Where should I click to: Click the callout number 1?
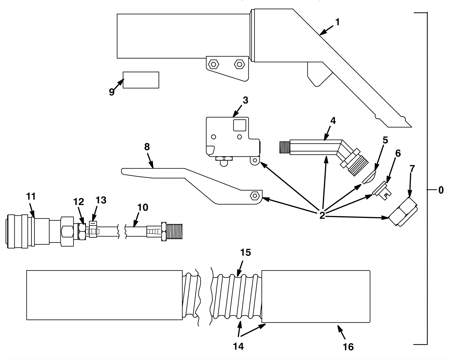[337, 22]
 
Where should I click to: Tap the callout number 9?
[112, 92]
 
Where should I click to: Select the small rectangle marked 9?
[141, 80]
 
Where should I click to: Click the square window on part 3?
[239, 125]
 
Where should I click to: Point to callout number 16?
[348, 347]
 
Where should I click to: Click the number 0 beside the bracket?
[441, 190]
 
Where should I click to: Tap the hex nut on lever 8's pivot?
[255, 196]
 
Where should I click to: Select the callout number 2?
[322, 215]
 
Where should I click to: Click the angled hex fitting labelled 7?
[403, 211]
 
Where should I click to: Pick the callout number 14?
[238, 346]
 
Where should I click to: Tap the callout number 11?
[31, 196]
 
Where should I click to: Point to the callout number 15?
[246, 253]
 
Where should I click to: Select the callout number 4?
[333, 121]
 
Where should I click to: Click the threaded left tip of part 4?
[285, 147]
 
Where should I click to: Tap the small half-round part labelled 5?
[369, 177]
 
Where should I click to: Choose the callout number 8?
[147, 147]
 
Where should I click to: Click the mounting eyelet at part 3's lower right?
[255, 160]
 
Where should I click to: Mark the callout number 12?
[78, 202]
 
